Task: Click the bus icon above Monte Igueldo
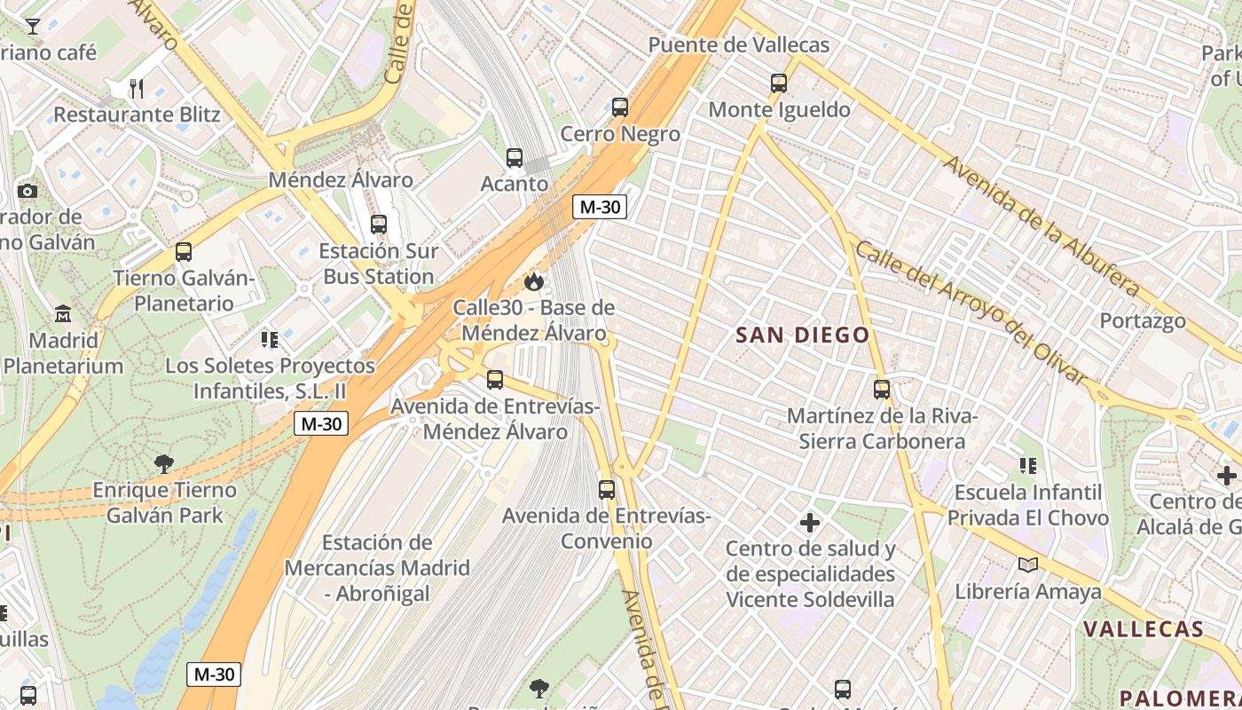(x=779, y=83)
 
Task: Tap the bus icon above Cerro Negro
(x=620, y=107)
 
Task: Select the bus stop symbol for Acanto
(x=515, y=158)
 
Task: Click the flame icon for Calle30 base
(x=533, y=281)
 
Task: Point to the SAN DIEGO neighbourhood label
(x=803, y=335)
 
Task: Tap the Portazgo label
(x=1143, y=320)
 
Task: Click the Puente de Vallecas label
(x=738, y=45)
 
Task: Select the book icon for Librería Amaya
(x=1028, y=564)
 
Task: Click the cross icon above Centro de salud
(x=809, y=522)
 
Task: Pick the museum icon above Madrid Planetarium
(x=63, y=314)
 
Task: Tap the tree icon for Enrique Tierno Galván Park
(x=164, y=463)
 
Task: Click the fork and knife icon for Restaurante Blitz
(x=137, y=88)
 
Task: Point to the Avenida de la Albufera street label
(x=1041, y=226)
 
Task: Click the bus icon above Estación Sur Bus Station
(x=379, y=224)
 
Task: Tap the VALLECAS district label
(x=1143, y=629)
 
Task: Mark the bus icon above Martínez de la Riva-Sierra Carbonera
(x=882, y=389)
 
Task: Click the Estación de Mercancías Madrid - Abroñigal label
(x=377, y=568)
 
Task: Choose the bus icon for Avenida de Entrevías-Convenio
(x=607, y=489)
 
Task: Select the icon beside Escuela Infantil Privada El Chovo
(x=1028, y=465)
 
